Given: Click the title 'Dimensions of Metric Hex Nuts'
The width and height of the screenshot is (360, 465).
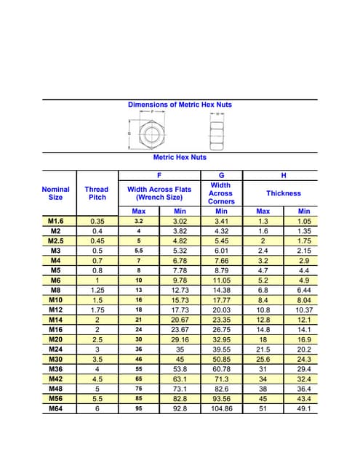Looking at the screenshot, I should coord(180,105).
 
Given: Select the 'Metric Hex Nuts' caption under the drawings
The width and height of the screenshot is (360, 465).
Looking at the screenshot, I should coord(180,157).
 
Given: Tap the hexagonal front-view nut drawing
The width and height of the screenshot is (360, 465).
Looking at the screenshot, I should coord(150,133).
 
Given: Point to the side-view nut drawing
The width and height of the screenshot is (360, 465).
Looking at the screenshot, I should coord(215,133).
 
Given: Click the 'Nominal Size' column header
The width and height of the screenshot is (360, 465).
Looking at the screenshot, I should coord(56,193).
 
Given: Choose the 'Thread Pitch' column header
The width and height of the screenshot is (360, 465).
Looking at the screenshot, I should coord(96,193).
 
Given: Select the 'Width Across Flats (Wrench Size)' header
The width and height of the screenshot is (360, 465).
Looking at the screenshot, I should coord(159,193).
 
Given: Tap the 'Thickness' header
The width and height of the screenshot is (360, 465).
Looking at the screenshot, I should coord(283,193).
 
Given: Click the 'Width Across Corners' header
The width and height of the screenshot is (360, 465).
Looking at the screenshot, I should coord(221,193).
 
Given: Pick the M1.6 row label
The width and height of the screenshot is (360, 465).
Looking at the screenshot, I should coord(56,221).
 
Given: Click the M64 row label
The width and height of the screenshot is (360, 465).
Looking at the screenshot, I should coord(56,409).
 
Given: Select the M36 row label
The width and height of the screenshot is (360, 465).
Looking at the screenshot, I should coord(56,369).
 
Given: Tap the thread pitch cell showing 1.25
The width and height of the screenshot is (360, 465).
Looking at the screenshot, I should coord(96,290).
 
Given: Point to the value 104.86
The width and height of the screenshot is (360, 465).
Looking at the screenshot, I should coord(221,409).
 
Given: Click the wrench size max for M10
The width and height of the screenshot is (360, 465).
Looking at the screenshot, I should coord(138,300).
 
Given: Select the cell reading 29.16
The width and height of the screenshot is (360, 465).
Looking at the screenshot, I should coord(180,339).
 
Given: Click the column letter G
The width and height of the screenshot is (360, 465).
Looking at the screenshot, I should coord(221,175).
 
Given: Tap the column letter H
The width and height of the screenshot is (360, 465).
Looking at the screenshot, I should coord(283,175).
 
